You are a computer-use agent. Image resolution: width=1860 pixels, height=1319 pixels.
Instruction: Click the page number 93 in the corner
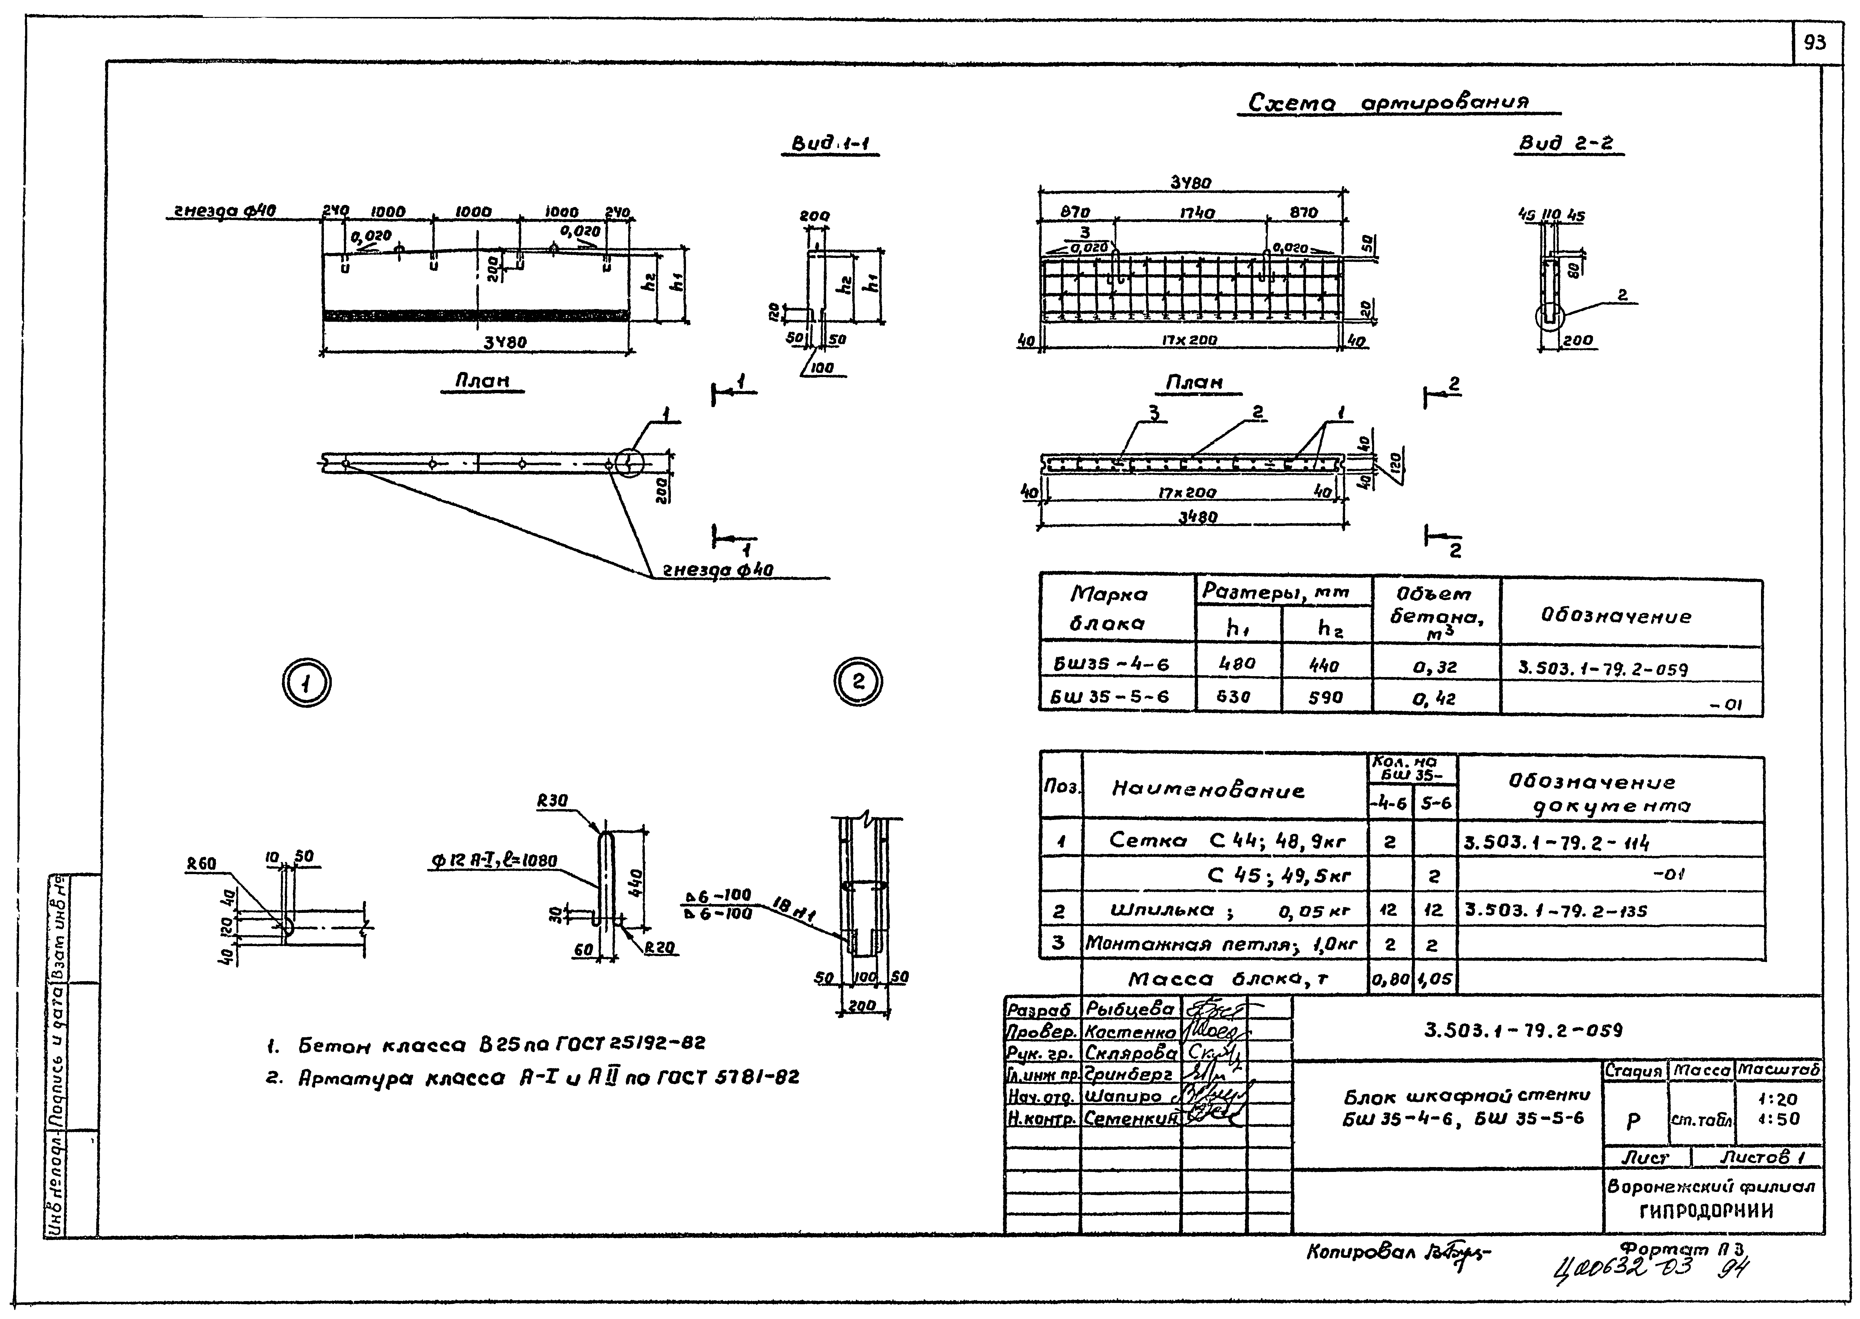[x=1814, y=43]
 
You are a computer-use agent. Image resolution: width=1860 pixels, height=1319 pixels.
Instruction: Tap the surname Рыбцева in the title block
[x=1129, y=1009]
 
